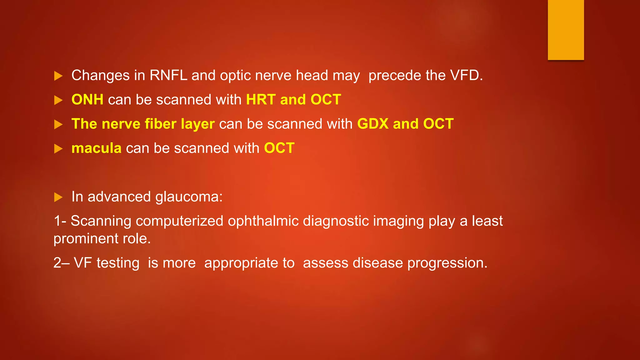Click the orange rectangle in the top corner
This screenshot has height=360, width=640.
coord(566,30)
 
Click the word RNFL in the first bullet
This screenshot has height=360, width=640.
coord(168,75)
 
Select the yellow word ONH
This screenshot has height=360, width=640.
coord(87,100)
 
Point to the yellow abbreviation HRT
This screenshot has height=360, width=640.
coord(261,100)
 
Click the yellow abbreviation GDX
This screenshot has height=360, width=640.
coord(373,124)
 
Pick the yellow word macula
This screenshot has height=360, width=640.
coord(96,148)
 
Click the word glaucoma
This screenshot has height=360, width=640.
coord(189,197)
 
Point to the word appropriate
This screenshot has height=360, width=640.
coord(249,263)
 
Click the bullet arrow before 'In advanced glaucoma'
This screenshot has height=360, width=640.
coord(58,197)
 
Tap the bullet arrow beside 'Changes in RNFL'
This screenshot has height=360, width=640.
coord(58,76)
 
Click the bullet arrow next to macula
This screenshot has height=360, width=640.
coord(58,149)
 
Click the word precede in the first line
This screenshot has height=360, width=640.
coord(394,75)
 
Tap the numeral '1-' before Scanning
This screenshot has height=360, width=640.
coord(60,221)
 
